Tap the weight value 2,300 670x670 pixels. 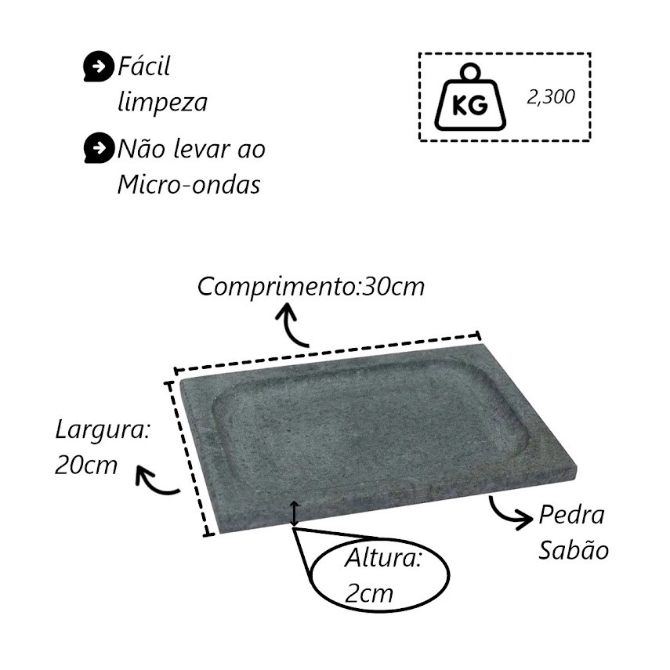[551, 97]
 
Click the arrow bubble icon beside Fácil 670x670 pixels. [99, 67]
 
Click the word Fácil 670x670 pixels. [143, 66]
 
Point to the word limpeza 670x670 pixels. [162, 102]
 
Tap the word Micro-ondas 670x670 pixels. [189, 185]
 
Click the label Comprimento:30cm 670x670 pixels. [311, 286]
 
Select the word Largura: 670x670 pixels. [103, 431]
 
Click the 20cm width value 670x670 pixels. [86, 465]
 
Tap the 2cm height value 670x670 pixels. [369, 593]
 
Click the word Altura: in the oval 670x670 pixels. [383, 558]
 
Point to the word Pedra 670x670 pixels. [572, 515]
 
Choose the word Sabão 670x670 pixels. [574, 549]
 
